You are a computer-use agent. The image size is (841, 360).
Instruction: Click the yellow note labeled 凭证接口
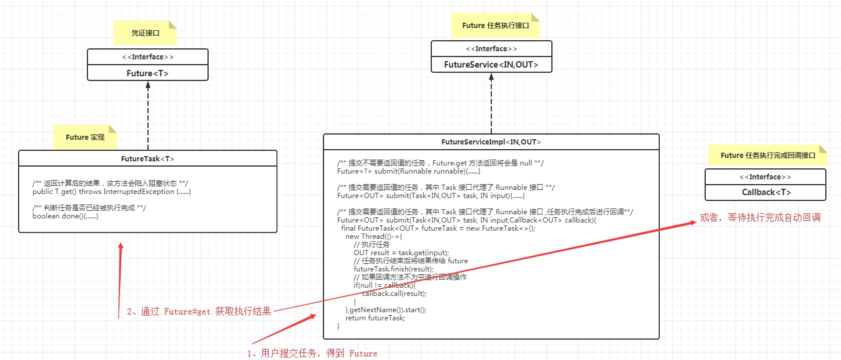[x=145, y=33]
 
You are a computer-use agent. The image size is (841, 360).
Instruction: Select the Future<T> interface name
[x=147, y=73]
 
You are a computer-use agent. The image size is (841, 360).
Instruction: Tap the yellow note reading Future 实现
[x=85, y=137]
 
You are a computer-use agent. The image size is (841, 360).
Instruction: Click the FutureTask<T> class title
[x=147, y=158]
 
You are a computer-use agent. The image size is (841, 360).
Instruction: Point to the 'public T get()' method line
[x=111, y=192]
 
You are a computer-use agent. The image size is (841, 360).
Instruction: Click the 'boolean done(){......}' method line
[x=65, y=216]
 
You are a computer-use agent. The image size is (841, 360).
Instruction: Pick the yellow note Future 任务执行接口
[x=495, y=26]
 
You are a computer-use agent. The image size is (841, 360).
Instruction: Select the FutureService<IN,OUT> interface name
[x=491, y=65]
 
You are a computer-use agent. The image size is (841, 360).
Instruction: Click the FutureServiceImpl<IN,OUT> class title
[x=491, y=142]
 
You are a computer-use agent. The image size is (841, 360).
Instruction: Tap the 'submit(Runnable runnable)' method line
[x=408, y=171]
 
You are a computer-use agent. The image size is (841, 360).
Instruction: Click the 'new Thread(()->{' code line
[x=374, y=237]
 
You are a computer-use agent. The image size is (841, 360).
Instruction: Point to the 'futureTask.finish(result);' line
[x=393, y=269]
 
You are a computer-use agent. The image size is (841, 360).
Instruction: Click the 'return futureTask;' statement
[x=375, y=318]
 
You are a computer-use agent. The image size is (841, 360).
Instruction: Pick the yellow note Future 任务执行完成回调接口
[x=767, y=156]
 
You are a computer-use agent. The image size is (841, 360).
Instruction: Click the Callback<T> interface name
[x=766, y=192]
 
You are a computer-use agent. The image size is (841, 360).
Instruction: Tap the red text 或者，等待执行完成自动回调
[x=761, y=218]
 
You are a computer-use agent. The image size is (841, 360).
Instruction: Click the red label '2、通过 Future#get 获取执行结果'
[x=199, y=312]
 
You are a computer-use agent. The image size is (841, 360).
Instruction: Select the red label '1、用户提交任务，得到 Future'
[x=312, y=353]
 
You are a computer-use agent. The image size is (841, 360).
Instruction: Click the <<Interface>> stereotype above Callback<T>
[x=765, y=177]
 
